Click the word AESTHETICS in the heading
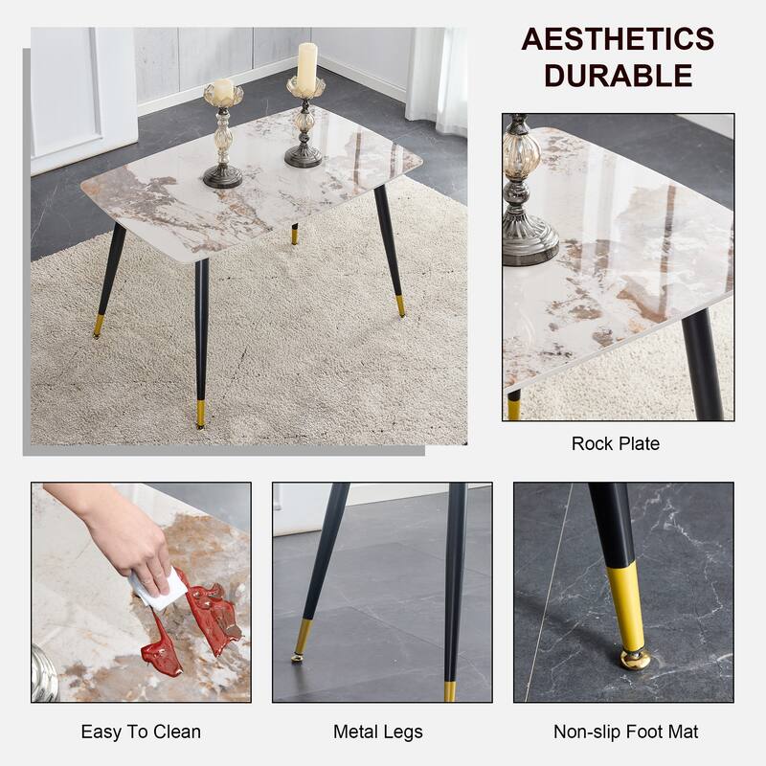618,39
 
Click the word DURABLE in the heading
619,76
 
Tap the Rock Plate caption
616,443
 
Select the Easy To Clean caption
141,732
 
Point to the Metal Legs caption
378,732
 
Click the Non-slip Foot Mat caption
626,732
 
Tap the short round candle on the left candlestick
222,91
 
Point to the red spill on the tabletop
196,622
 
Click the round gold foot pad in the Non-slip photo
634,659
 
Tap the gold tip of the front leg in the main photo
200,414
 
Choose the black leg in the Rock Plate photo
703,364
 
